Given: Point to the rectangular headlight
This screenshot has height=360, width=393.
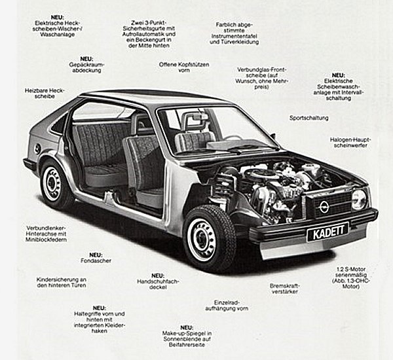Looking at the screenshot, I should point(359,199).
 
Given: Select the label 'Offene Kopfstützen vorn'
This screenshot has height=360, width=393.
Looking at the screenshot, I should point(184,67).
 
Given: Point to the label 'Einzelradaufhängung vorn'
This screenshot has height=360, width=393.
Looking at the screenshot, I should point(227,305).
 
